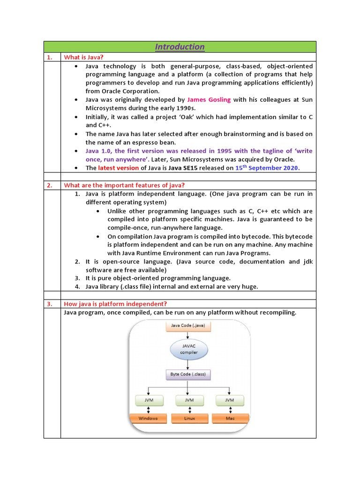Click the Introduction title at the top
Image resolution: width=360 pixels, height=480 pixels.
pos(180,47)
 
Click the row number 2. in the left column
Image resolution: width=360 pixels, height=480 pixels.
pos(49,185)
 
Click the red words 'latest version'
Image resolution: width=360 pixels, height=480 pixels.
pos(119,168)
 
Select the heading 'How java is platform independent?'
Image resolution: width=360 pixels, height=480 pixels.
pos(115,304)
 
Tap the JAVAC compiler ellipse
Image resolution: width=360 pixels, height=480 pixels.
pos(188,349)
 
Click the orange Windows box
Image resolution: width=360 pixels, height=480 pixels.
pos(148,418)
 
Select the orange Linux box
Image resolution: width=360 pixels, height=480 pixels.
pos(188,418)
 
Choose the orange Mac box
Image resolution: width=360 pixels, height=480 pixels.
pos(229,418)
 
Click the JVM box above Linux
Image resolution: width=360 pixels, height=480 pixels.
pos(188,400)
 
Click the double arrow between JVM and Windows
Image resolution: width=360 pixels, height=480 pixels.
pos(148,409)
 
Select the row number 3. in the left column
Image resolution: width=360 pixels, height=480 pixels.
pos(49,304)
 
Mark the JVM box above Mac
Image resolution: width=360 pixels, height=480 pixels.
pos(229,400)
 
